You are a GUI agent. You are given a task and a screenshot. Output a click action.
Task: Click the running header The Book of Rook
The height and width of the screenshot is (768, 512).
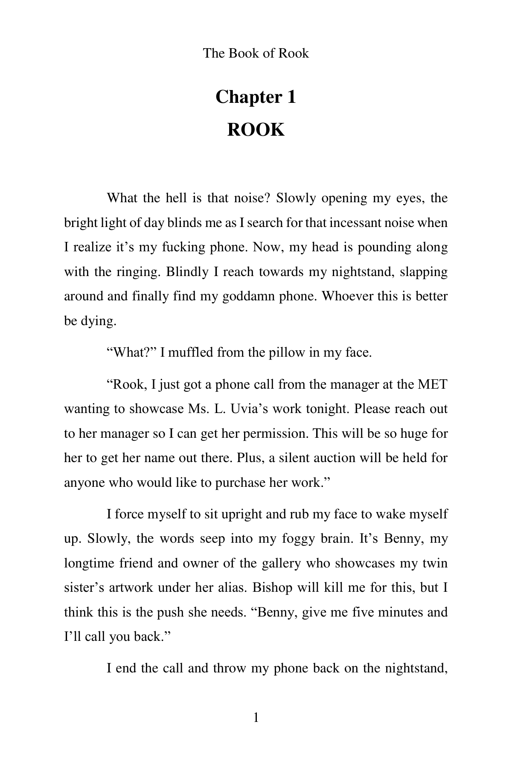256,53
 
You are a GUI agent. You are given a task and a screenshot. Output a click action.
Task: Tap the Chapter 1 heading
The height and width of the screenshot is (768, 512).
256,97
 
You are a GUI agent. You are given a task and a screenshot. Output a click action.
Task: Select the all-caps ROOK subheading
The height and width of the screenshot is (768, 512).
256,130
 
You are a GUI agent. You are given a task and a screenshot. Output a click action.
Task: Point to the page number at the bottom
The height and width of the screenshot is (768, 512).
256,719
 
